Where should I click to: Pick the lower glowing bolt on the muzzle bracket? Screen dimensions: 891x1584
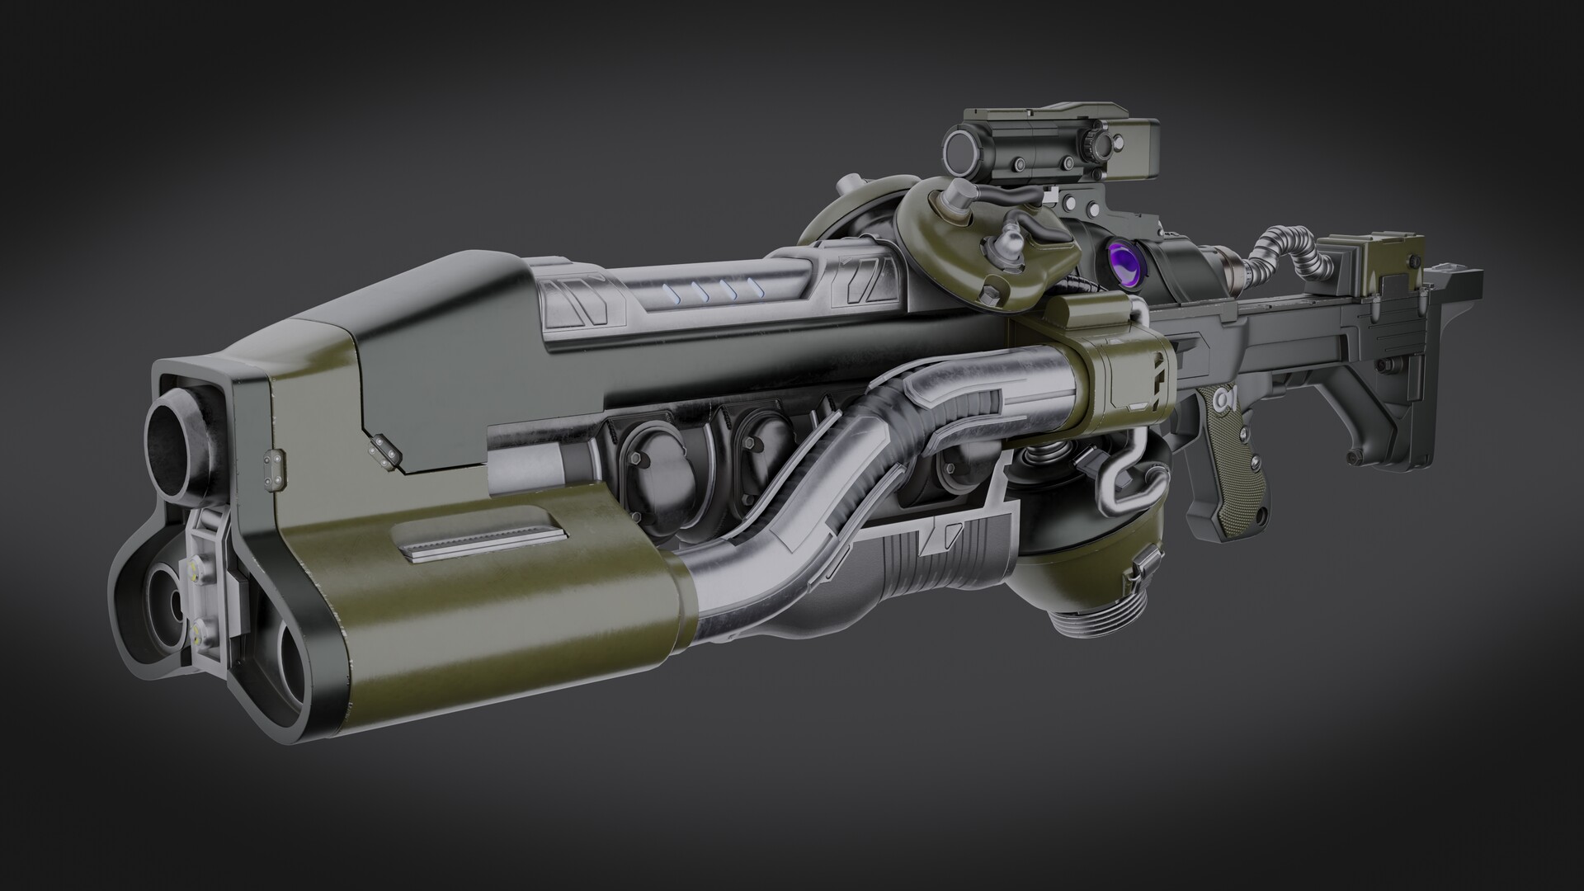(199, 634)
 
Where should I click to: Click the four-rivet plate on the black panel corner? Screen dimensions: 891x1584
(381, 447)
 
